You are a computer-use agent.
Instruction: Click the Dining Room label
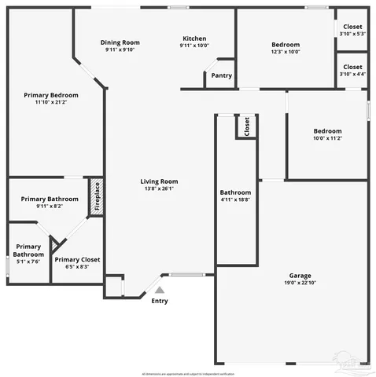coord(120,42)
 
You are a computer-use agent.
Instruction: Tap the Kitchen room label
coord(194,38)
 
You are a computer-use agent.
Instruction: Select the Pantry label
coord(222,76)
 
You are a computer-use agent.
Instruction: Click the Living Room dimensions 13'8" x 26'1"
coord(159,188)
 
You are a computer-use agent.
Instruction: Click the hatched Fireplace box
coord(97,195)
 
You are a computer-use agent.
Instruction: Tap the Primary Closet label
coord(77,259)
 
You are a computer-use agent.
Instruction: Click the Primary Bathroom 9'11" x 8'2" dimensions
coord(50,207)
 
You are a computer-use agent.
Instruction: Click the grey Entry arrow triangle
coord(159,290)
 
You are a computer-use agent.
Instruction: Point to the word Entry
coord(159,301)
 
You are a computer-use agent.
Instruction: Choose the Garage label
coord(300,275)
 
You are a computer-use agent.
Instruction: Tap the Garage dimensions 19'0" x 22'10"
coord(300,283)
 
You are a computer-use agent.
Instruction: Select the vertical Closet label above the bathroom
coord(246,126)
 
